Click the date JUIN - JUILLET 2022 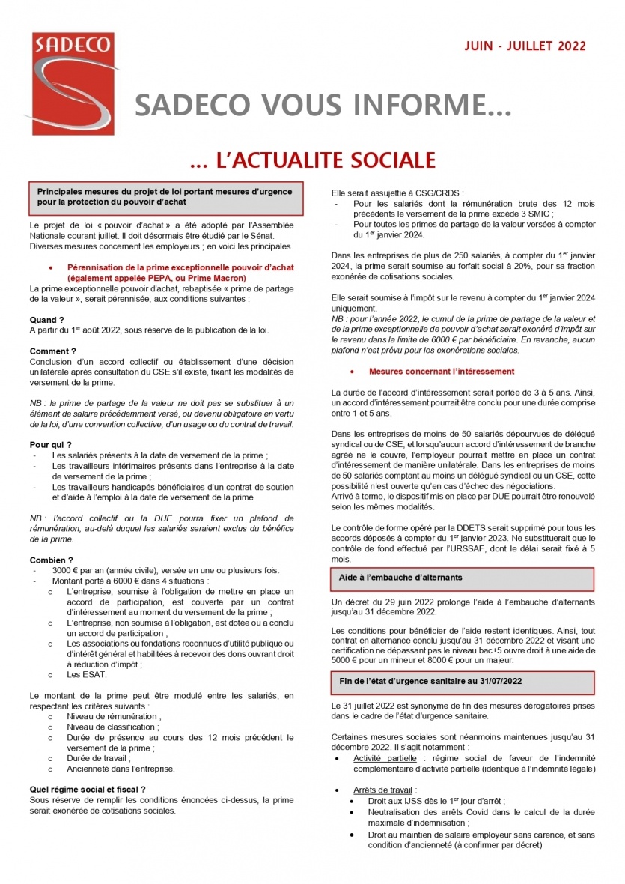525,46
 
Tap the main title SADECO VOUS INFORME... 323,106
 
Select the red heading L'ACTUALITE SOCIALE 312,160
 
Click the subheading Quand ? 46,320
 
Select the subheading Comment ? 52,351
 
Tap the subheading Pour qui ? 51,445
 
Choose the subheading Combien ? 52,560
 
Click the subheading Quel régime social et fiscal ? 87,789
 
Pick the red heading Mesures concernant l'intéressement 441,372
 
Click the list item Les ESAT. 87,674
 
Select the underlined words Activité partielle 385,758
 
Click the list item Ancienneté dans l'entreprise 121,769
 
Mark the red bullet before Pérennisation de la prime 50,267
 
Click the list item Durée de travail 98,758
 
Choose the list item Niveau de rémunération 113,716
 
